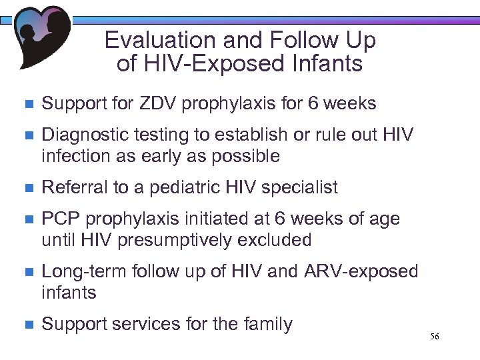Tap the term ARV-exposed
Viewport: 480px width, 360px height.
click(x=361, y=272)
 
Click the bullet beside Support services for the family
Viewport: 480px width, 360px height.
click(x=27, y=325)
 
